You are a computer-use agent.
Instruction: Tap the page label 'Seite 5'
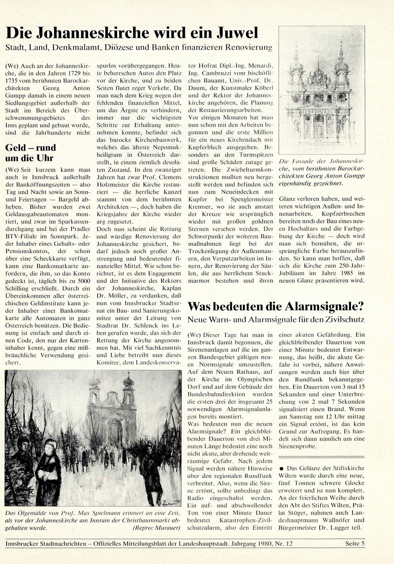[x=355, y=544]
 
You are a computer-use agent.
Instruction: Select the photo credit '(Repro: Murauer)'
[x=156, y=528]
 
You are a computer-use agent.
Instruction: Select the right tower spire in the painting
[x=128, y=379]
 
